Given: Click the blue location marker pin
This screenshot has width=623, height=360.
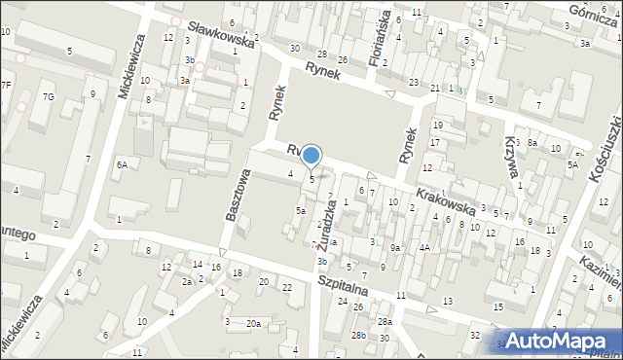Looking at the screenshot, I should [311, 156].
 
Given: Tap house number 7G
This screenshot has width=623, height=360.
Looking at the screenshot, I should [48, 96].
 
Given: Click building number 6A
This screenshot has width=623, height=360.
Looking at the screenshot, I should [122, 165].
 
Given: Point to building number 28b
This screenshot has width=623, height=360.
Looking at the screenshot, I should [359, 335].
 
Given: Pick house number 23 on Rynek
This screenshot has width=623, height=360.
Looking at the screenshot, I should [414, 83].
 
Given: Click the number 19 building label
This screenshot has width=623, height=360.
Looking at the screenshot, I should [437, 126].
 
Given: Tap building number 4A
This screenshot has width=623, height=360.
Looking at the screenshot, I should [424, 247].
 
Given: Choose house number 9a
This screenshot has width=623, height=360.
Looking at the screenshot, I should [395, 247].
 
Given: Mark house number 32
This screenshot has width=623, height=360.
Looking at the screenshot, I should [474, 336].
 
